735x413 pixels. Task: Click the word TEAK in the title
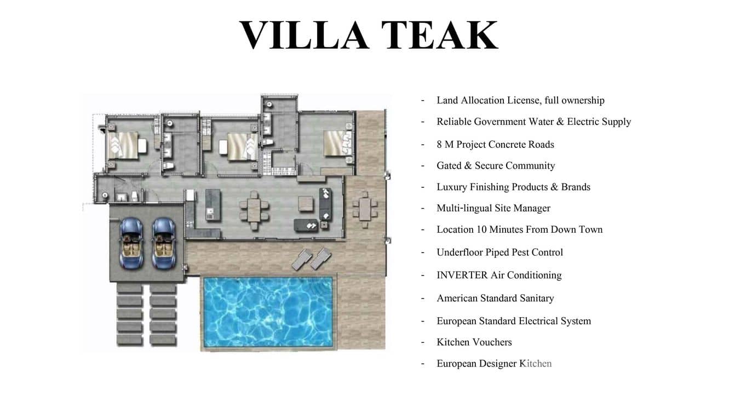click(440, 35)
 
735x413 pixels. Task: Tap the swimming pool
click(268, 312)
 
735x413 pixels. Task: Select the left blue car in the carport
click(131, 243)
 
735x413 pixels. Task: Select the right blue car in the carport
click(163, 243)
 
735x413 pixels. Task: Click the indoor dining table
click(254, 210)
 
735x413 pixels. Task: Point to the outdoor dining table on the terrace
click(365, 209)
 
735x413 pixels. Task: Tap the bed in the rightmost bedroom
click(337, 143)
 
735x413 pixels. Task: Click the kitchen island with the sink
click(213, 205)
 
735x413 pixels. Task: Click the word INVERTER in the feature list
click(462, 275)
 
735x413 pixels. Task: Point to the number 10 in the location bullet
click(481, 230)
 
